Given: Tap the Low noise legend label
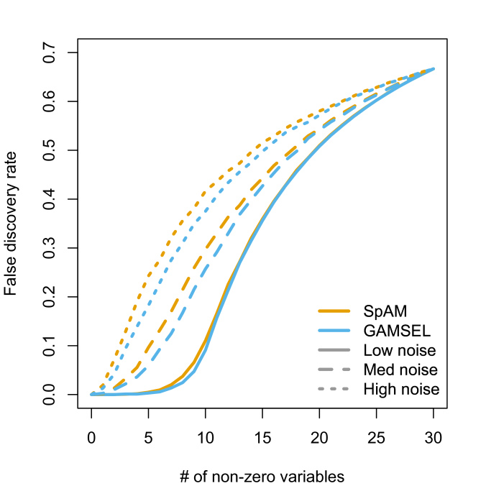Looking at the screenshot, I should (400, 351).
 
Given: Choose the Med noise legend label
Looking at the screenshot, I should (400, 370).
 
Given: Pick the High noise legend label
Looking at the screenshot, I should (401, 390).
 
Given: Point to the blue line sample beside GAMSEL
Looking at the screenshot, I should (334, 331).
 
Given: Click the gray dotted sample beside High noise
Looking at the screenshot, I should (334, 390).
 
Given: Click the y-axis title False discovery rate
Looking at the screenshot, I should (12, 224).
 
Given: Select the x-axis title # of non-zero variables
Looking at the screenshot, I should (262, 476).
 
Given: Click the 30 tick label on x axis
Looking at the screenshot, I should (434, 437).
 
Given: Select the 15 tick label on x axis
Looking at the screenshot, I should (262, 437).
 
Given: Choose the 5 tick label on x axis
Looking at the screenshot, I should (149, 437).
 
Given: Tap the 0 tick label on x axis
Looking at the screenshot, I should (91, 437).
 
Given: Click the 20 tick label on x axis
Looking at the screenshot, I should (319, 437).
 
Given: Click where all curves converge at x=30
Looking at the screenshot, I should (434, 69).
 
